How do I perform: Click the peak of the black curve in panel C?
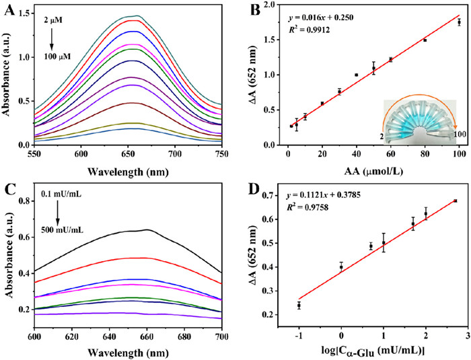pos(147,230)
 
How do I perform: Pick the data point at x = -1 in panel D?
pos(299,305)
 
